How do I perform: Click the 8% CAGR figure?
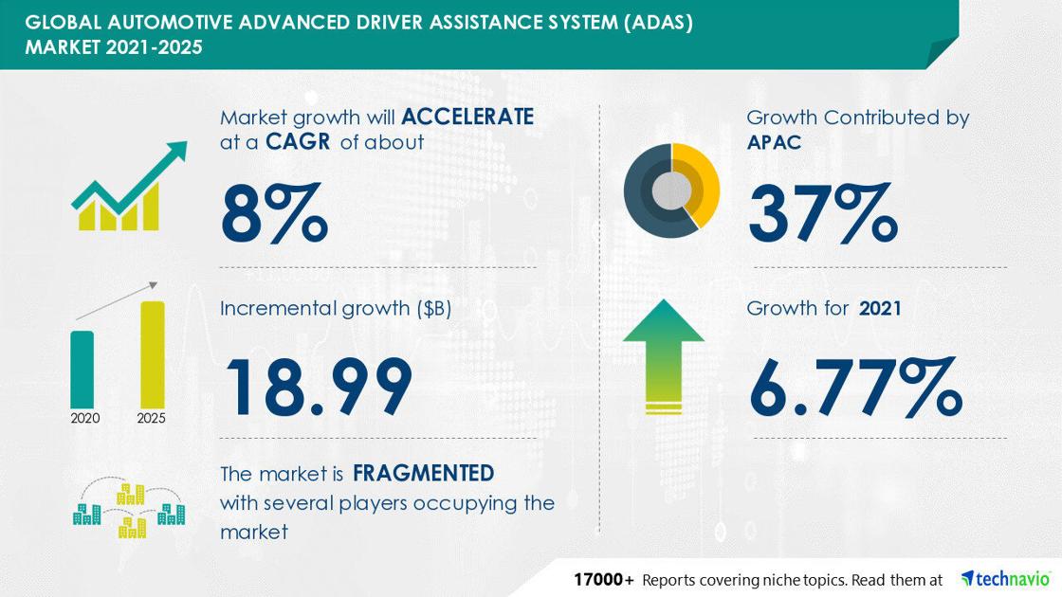(x=274, y=212)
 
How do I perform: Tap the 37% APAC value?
(x=823, y=212)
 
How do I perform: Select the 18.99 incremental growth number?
(x=319, y=387)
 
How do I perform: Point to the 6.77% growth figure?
(x=856, y=387)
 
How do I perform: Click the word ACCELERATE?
(x=467, y=118)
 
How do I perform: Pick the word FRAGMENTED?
(x=423, y=473)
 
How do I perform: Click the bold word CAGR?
(x=298, y=142)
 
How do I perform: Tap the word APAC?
(x=774, y=142)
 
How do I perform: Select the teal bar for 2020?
(x=82, y=370)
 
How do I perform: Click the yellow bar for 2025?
(x=153, y=354)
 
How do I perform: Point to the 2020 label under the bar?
(x=85, y=418)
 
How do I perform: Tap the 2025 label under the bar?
(x=151, y=418)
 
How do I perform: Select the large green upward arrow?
(x=664, y=355)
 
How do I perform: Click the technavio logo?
(x=1006, y=579)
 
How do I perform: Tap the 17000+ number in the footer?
(x=604, y=579)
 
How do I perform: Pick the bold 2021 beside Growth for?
(x=880, y=309)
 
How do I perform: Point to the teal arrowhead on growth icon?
(x=176, y=151)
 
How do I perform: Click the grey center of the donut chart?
(x=671, y=190)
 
